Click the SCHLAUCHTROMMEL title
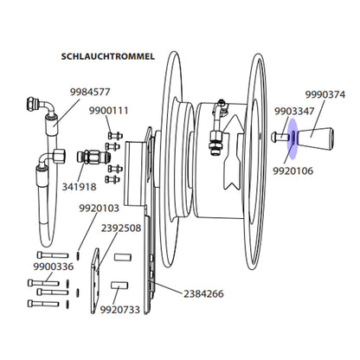(108, 56)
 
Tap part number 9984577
(90, 92)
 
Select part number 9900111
(108, 111)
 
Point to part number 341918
(79, 187)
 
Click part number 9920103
(99, 208)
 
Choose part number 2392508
(121, 228)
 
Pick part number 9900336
(54, 267)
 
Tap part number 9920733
(120, 310)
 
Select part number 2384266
(203, 294)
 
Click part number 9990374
(325, 94)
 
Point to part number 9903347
(294, 112)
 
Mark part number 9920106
(292, 171)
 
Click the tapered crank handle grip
(315, 138)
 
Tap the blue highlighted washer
(292, 138)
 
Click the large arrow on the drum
(232, 152)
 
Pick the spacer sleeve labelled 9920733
(119, 286)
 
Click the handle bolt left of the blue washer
(280, 137)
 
